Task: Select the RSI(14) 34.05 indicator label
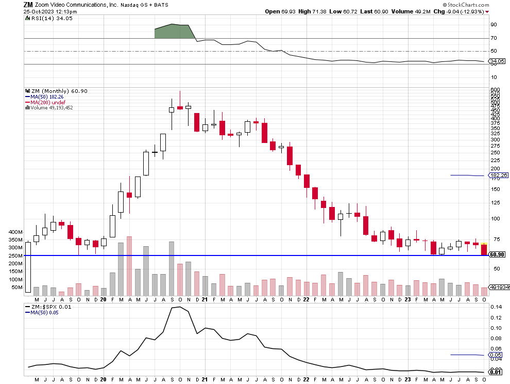pyautogui.click(x=45, y=18)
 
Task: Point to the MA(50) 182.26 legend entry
pyautogui.click(x=45, y=97)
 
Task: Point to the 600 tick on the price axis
pyautogui.click(x=495, y=89)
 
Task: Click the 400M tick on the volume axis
pyautogui.click(x=15, y=232)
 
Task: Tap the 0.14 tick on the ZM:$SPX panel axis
pyautogui.click(x=496, y=307)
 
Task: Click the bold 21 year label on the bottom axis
pyautogui.click(x=205, y=299)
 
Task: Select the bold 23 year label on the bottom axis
pyautogui.click(x=407, y=299)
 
